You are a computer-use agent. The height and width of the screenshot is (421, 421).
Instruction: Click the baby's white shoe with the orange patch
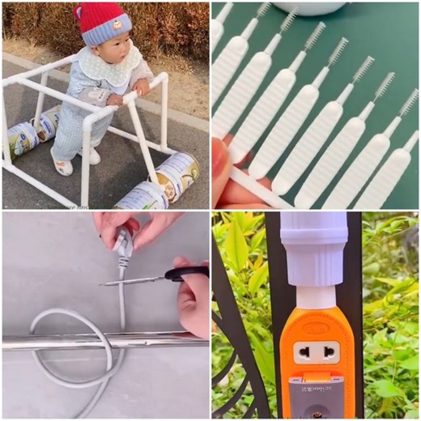62,166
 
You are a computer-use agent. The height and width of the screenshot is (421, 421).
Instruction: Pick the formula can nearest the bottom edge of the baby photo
141,197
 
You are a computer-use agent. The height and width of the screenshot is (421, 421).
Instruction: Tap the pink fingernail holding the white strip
219,155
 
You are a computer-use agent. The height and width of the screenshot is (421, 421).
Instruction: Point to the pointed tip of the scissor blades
104,283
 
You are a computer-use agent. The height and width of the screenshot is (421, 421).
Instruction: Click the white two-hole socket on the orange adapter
314,351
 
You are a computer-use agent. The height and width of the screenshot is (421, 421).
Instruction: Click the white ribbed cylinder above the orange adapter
313,254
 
